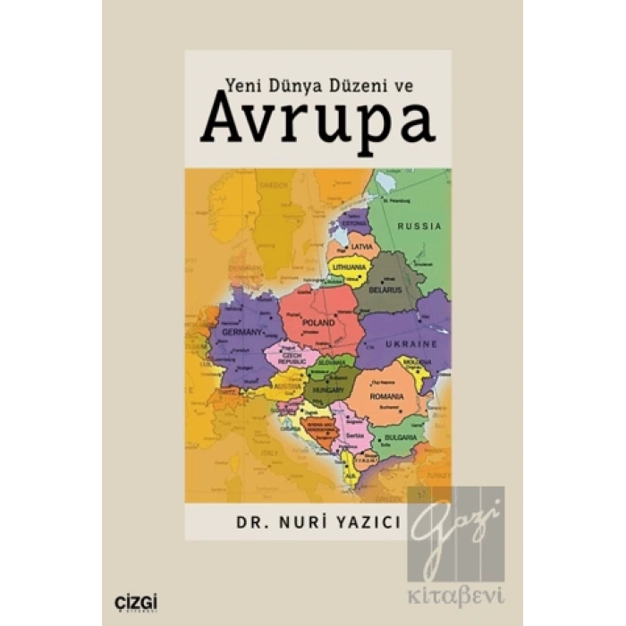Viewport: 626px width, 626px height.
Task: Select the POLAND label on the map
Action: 318,322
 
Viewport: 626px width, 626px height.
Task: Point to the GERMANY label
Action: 238,332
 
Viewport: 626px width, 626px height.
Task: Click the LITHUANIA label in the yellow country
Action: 349,267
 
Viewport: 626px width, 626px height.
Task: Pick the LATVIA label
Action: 361,246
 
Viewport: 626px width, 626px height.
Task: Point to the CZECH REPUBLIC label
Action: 296,357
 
